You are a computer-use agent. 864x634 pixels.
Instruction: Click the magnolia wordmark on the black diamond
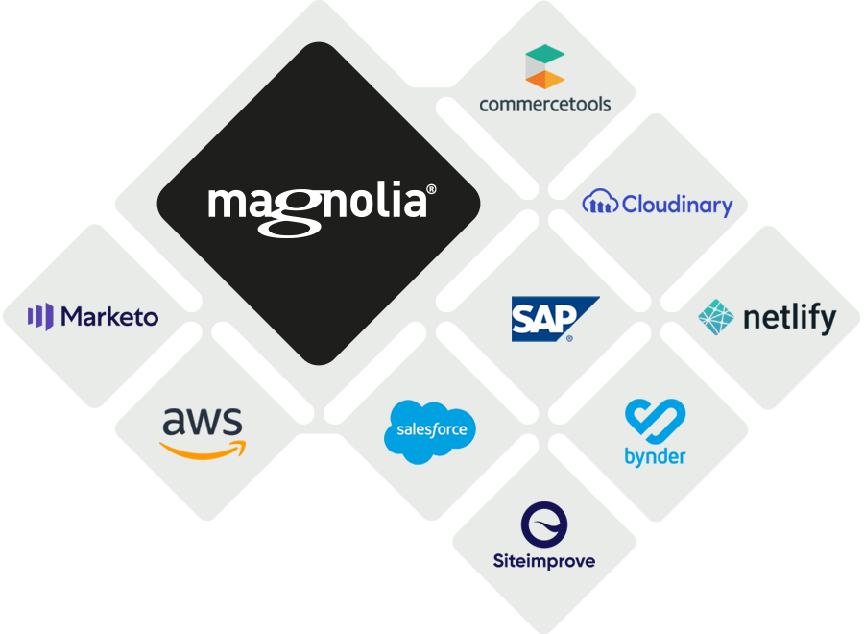(317, 205)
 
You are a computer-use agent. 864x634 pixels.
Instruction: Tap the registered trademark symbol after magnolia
(431, 191)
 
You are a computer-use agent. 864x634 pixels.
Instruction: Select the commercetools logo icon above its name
(544, 67)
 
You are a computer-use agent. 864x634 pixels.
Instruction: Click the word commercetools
(544, 104)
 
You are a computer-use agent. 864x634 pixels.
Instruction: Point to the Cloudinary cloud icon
(600, 204)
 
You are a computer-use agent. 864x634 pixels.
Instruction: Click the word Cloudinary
(677, 205)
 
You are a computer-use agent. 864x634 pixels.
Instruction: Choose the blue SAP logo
(554, 319)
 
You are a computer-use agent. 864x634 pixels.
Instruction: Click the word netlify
(789, 318)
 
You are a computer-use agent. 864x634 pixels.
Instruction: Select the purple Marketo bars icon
(40, 317)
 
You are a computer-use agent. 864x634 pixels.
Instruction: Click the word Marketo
(109, 317)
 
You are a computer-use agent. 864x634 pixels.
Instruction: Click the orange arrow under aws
(203, 449)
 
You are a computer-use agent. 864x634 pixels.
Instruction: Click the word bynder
(655, 456)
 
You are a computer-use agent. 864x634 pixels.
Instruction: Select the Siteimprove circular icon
(544, 524)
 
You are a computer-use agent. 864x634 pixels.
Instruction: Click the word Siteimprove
(544, 560)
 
